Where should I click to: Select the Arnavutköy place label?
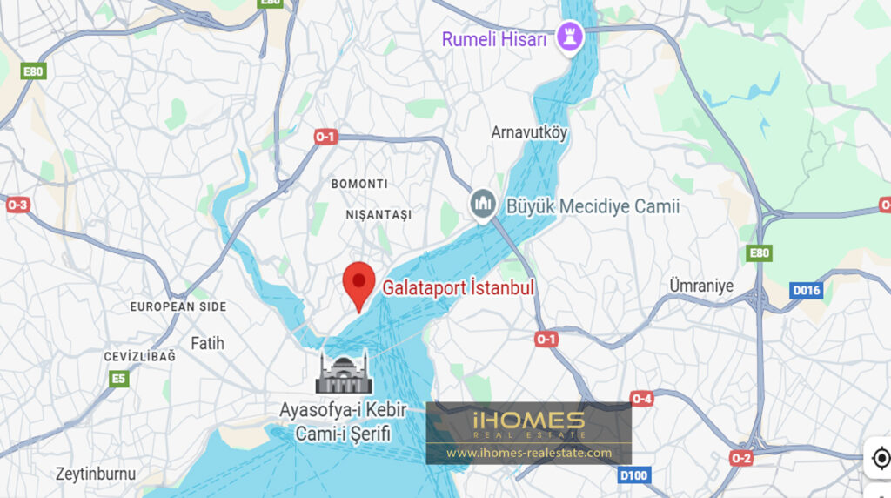coord(529,133)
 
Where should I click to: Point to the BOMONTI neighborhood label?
coord(359,185)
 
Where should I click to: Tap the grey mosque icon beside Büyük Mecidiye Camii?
coord(484,205)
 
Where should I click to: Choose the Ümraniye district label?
coord(701,286)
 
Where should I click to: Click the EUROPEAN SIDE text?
coord(178,306)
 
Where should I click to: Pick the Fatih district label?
coord(207,343)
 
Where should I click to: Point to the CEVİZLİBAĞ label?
coord(139,357)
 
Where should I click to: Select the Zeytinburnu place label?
coord(96,474)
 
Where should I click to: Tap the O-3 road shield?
coord(17,205)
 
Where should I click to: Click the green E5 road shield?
coord(117,379)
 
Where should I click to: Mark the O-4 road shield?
coord(641,399)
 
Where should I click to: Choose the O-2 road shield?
coord(741,458)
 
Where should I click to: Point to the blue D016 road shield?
coord(806,290)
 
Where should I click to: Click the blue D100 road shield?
coord(634,475)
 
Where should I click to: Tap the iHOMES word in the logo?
coord(528,421)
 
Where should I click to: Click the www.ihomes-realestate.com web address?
coord(528,453)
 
